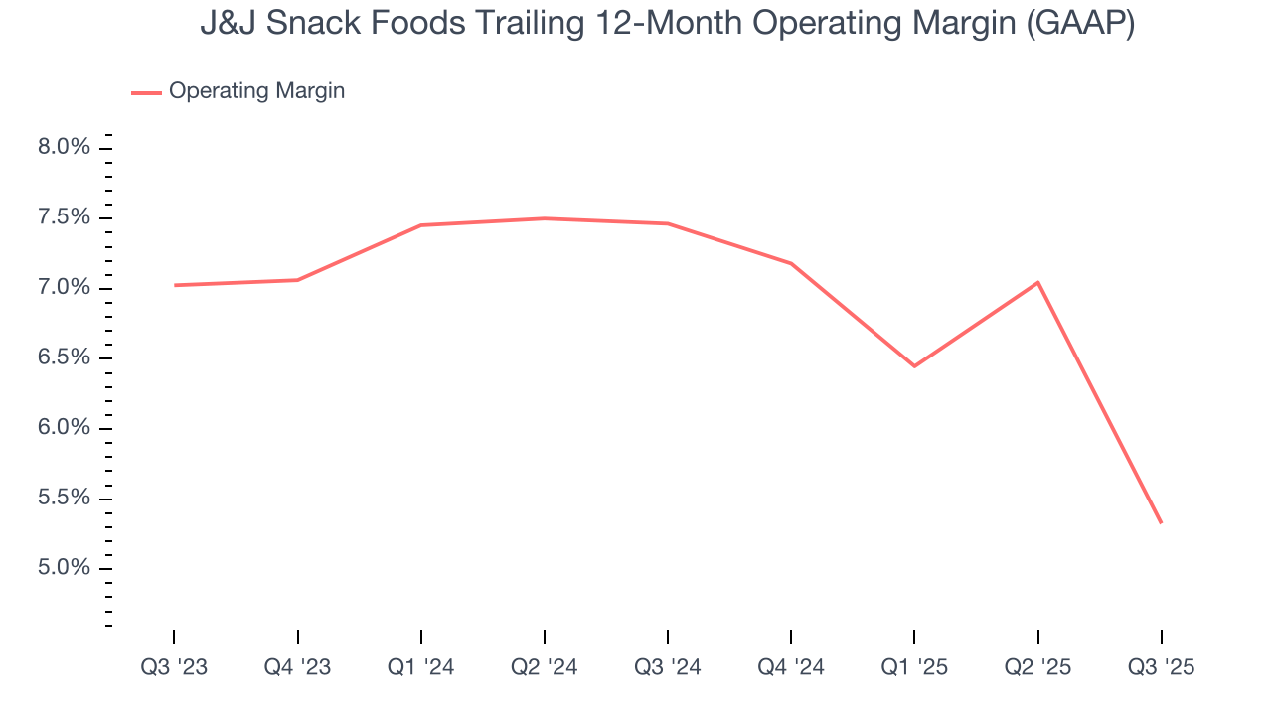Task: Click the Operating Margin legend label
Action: pos(256,91)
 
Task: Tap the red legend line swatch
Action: pos(146,92)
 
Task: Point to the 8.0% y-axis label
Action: pos(66,148)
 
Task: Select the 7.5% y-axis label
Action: pos(66,218)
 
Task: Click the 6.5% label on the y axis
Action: pos(66,358)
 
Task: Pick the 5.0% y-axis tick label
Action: pos(66,568)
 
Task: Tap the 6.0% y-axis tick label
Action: pos(66,428)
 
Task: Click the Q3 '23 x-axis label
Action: pos(174,667)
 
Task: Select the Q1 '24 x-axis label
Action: pos(421,667)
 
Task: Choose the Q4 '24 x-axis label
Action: pos(791,667)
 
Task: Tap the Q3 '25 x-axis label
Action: pos(1161,667)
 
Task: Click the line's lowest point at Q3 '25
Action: pos(1161,522)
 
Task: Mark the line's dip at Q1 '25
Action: pos(914,366)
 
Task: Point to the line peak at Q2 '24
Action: pos(545,218)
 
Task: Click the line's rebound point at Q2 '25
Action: pos(1037,282)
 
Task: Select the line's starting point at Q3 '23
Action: pos(175,285)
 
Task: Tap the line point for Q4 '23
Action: pos(298,280)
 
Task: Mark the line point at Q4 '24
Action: pos(791,263)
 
